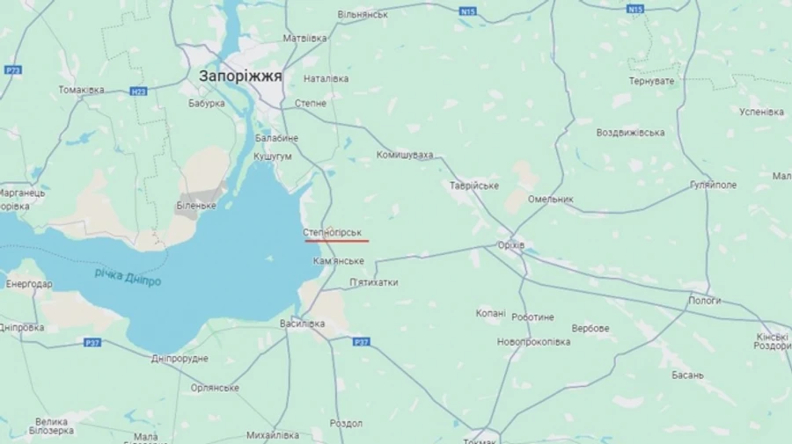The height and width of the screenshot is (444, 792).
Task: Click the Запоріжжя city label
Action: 240,76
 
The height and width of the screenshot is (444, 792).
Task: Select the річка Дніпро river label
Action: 128,278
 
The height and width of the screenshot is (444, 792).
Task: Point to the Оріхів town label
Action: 510,244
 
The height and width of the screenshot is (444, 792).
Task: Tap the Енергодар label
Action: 29,284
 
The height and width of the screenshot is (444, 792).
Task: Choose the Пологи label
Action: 705,301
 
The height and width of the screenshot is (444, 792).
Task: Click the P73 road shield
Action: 12,70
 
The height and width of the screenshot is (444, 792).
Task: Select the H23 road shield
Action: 138,91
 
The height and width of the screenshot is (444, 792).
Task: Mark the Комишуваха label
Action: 405,156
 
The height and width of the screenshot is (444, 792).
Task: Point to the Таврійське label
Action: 474,186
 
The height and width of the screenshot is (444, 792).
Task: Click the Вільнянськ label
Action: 363,15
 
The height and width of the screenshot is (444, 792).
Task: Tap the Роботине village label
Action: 532,317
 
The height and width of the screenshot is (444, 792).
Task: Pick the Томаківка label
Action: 82,90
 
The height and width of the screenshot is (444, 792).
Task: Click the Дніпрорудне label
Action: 180,359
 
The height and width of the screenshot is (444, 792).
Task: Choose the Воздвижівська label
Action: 630,133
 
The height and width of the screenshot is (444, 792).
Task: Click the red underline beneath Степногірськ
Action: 337,240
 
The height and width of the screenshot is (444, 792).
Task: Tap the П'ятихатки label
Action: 373,282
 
